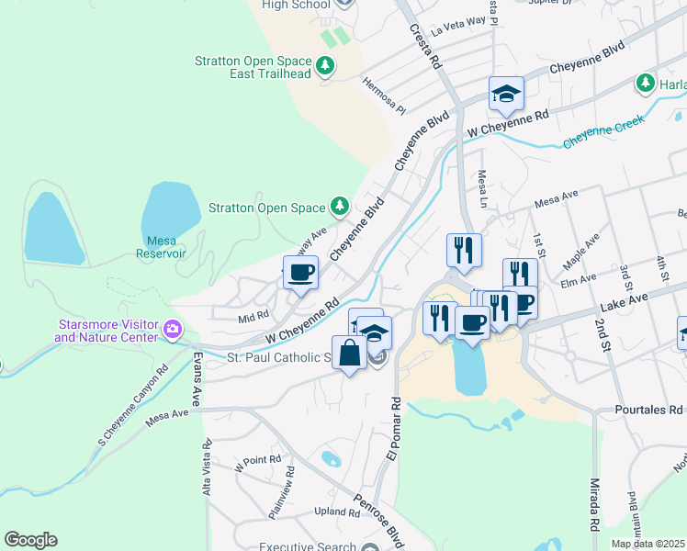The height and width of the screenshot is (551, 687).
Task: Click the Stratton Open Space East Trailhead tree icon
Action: pyautogui.click(x=324, y=66)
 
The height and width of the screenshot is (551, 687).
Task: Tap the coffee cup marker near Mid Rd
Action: pyautogui.click(x=300, y=273)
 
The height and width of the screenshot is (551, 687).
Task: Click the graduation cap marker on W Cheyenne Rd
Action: pyautogui.click(x=505, y=95)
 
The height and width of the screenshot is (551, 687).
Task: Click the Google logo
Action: pyautogui.click(x=30, y=540)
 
